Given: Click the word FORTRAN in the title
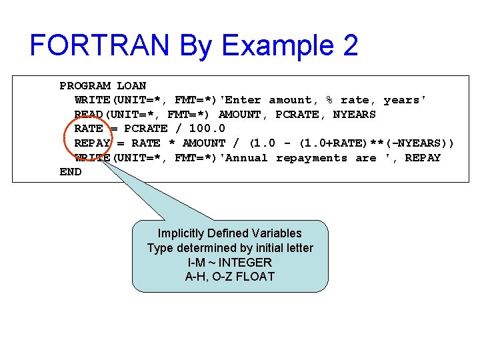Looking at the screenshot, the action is tap(100, 45).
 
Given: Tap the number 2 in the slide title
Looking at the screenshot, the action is tap(349, 45).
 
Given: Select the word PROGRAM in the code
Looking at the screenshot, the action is tap(85, 86).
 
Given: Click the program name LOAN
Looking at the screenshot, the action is tap(131, 86).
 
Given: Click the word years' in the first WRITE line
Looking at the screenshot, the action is tap(405, 100).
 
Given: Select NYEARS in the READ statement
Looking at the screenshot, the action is tap(354, 115).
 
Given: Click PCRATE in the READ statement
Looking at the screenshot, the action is tap(297, 115).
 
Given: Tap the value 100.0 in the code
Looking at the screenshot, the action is tap(207, 129).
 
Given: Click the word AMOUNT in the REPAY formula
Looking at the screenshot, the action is tap(204, 143).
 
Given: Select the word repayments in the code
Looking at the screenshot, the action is tap(311, 158).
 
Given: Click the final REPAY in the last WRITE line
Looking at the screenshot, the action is tap(423, 158).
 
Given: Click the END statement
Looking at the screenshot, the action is tap(70, 172).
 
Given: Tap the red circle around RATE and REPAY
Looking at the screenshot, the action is tap(65, 137).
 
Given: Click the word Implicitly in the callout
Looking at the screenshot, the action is tap(182, 233).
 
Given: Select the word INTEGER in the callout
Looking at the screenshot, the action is tap(245, 262).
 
